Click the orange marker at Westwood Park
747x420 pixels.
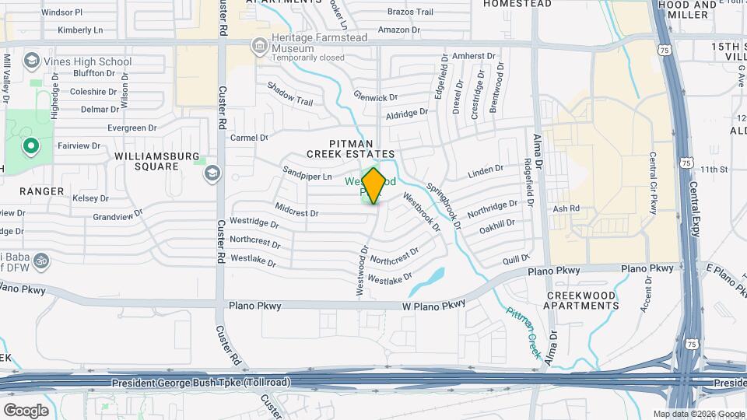point(373,185)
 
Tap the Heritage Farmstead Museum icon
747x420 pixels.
point(258,47)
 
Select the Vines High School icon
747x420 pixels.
point(32,60)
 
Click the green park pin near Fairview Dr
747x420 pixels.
point(30,145)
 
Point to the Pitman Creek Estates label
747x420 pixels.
point(362,149)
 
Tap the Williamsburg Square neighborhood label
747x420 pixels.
point(157,161)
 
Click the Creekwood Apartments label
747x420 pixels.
point(582,300)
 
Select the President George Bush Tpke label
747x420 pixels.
point(201,383)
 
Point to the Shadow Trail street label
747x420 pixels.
point(289,96)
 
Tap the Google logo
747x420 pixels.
point(26,410)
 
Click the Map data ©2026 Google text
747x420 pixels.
point(699,414)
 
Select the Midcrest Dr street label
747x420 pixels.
point(296,211)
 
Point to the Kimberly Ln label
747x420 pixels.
point(80,31)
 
